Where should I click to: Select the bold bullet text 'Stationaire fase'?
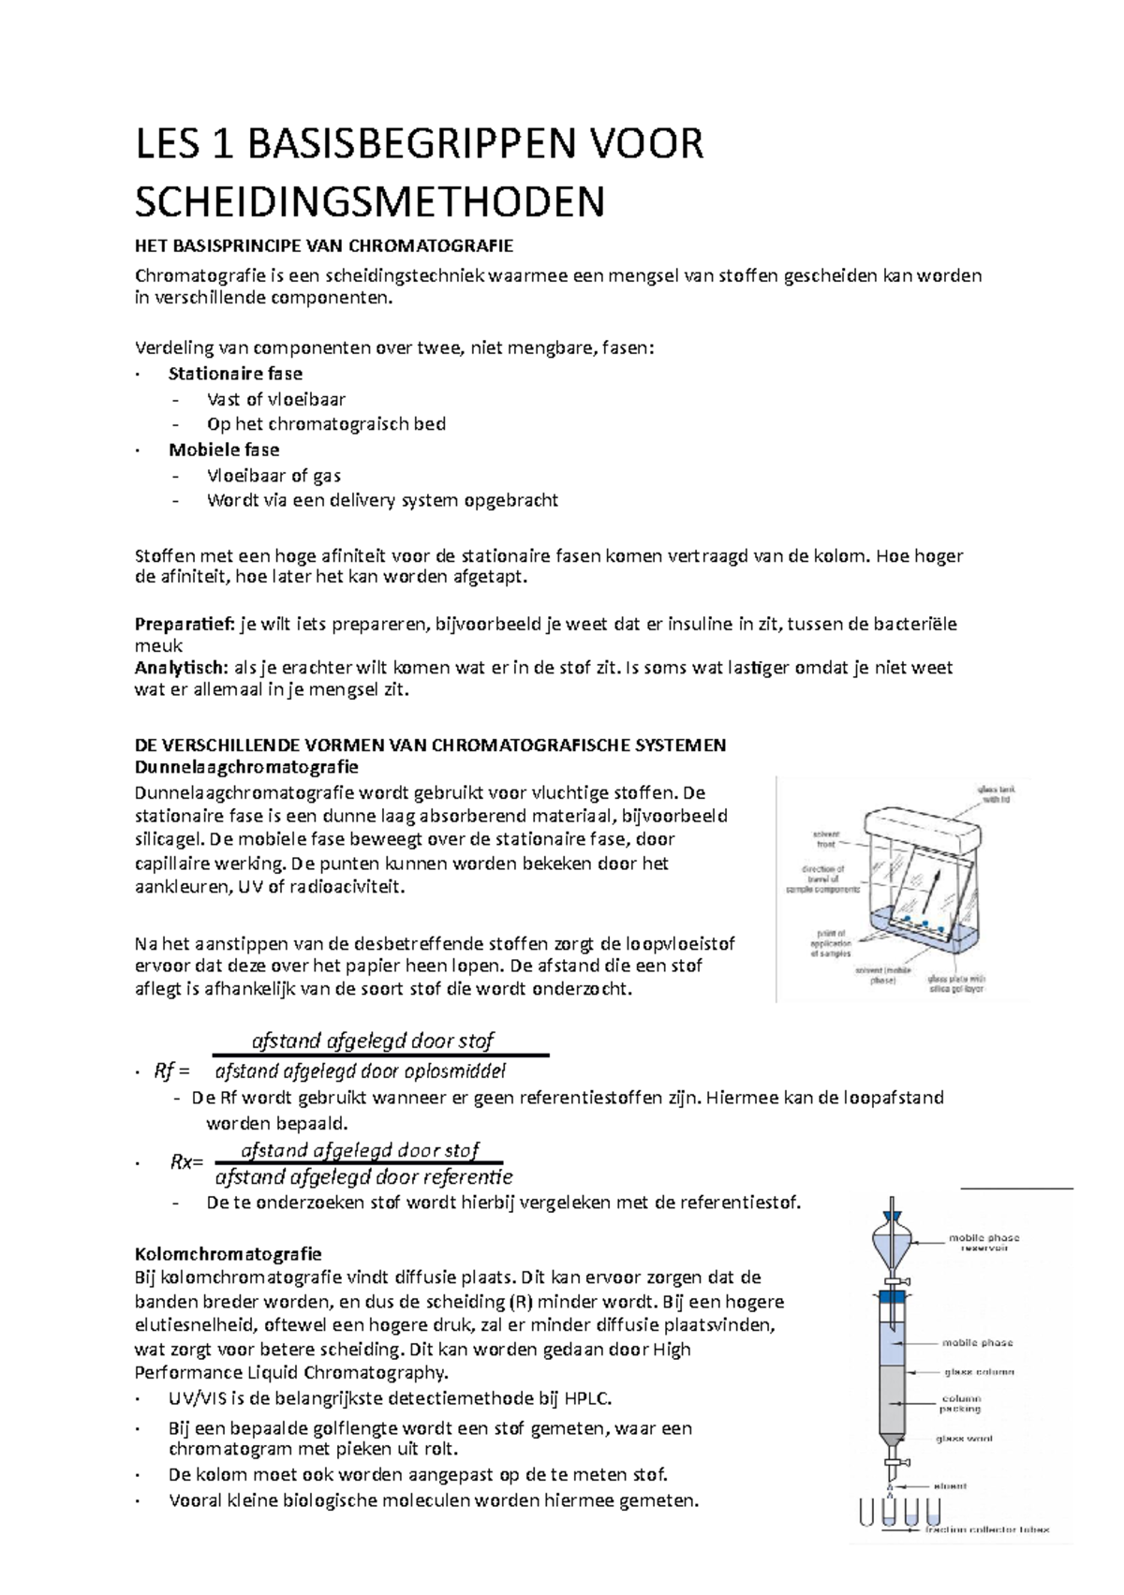click(235, 374)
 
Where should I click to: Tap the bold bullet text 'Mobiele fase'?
click(223, 450)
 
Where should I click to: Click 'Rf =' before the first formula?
click(171, 1071)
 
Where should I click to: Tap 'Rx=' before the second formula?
click(185, 1162)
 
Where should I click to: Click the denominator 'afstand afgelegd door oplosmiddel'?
click(361, 1071)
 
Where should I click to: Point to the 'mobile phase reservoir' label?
click(983, 1242)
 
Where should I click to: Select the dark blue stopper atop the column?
click(894, 1297)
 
